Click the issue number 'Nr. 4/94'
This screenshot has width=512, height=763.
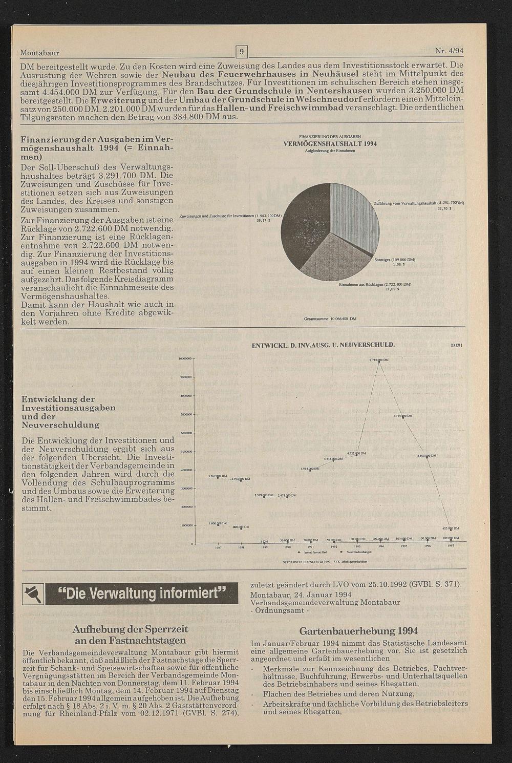449,51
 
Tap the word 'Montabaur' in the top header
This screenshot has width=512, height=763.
40,53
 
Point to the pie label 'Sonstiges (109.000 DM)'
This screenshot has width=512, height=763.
394,260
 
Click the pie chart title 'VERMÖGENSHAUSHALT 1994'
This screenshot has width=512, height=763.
330,144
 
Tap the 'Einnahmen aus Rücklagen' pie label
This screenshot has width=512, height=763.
375,284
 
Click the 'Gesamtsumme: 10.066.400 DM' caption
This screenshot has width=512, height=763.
330,319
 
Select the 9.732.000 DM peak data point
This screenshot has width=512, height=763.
379,361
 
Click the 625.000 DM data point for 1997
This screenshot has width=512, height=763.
451,528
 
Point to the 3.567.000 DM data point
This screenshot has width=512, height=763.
219,477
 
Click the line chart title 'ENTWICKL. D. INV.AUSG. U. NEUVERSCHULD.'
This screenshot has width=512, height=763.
323,345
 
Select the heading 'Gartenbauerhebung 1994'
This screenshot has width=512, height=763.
358,630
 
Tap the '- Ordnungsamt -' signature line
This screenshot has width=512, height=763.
280,610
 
